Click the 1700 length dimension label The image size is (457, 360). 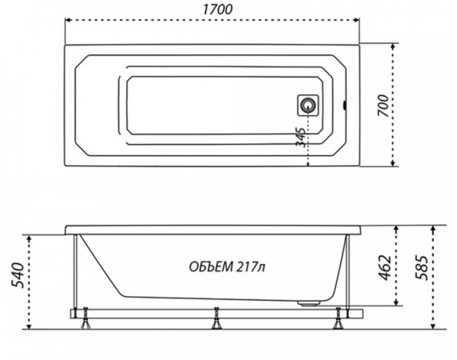[218, 10]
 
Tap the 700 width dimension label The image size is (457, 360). [383, 106]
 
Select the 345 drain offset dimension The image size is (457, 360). [300, 137]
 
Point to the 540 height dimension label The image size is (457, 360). [18, 275]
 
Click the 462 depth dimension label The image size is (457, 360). [384, 267]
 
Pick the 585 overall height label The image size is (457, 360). [422, 267]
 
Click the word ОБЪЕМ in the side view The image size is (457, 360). [211, 266]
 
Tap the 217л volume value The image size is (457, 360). [251, 266]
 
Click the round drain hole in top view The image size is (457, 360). [307, 105]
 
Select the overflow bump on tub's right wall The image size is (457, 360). [345, 105]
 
